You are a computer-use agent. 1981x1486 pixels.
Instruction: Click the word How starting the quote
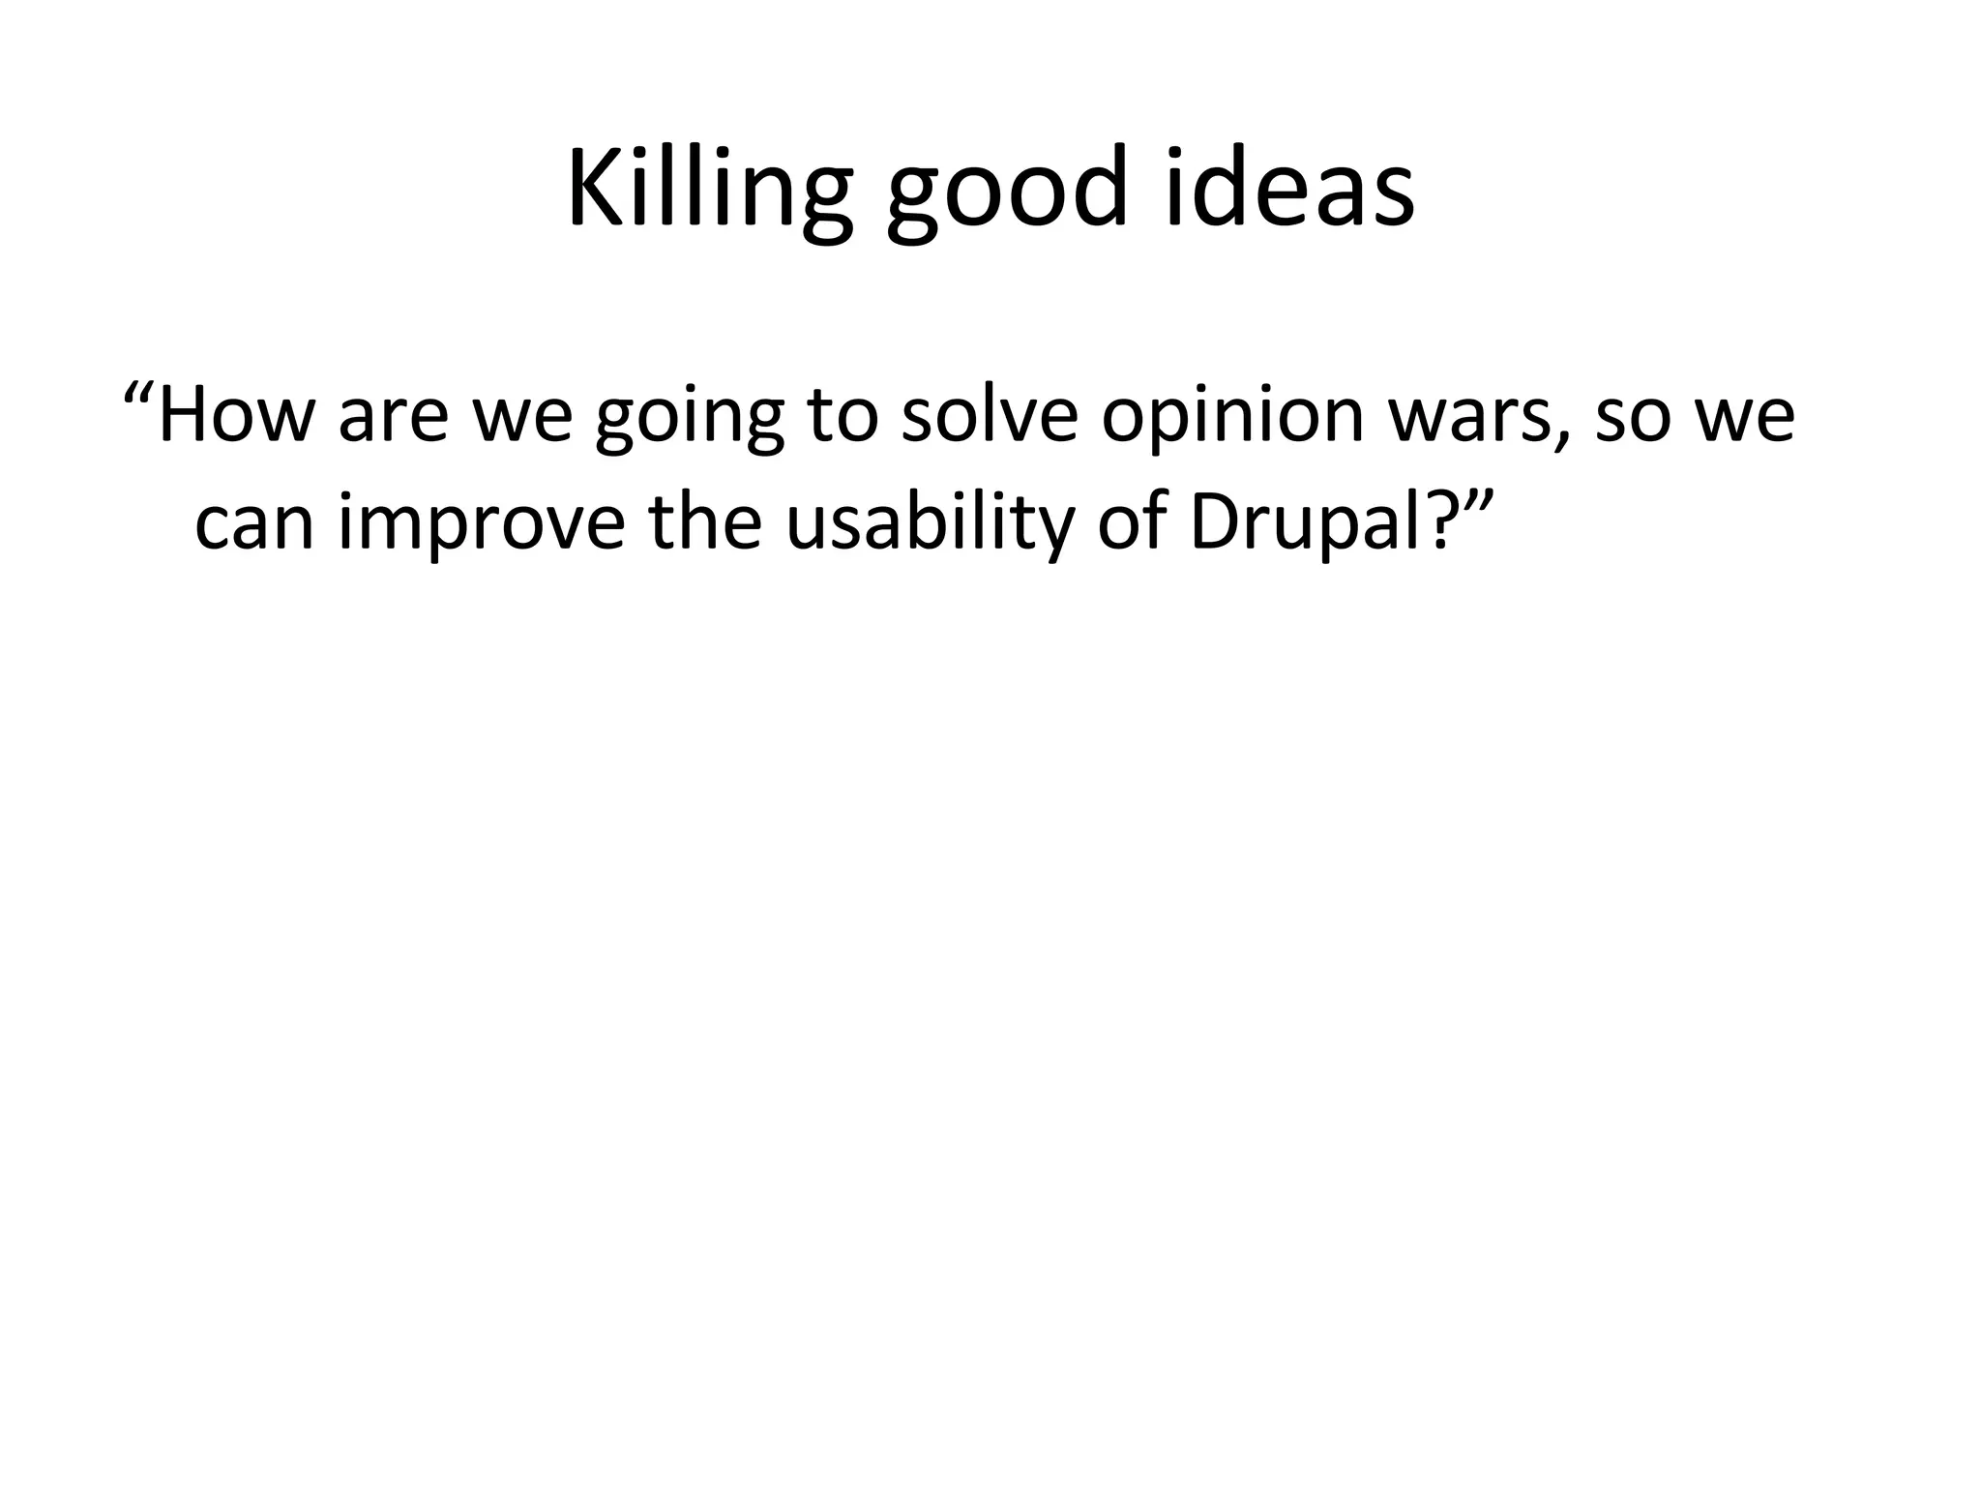[x=236, y=413]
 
